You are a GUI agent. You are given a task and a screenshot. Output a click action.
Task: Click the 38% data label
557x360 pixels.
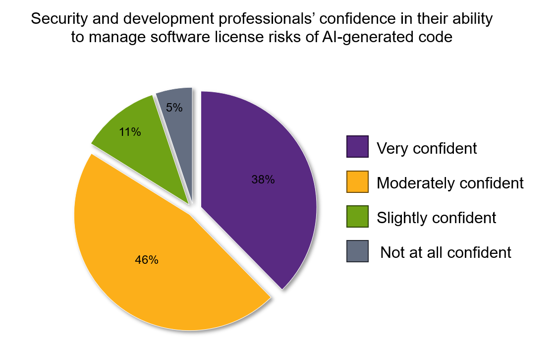(263, 180)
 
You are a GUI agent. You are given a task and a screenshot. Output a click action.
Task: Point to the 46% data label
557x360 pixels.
(147, 260)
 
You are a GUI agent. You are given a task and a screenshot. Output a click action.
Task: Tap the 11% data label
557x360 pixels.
(130, 132)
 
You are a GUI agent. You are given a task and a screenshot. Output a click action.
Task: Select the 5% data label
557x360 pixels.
(174, 107)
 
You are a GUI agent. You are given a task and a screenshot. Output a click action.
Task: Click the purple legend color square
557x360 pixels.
(357, 147)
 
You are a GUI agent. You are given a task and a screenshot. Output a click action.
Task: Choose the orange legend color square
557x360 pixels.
(357, 181)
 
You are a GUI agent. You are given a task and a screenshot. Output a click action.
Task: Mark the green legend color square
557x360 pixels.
(357, 216)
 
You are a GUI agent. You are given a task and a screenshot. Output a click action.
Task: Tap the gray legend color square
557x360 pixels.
(357, 251)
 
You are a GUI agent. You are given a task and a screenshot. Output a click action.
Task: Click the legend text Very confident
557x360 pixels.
(427, 148)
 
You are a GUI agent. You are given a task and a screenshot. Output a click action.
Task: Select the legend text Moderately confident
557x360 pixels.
(450, 182)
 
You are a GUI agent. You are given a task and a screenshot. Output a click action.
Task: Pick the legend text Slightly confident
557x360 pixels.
(436, 217)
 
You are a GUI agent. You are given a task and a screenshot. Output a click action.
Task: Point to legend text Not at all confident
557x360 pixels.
(446, 252)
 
